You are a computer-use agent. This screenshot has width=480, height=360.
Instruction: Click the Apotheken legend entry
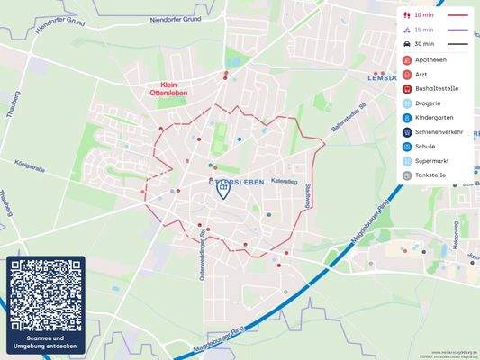click(x=430, y=59)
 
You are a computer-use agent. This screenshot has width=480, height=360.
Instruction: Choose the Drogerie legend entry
click(x=427, y=103)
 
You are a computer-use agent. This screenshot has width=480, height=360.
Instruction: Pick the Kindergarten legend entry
click(x=433, y=117)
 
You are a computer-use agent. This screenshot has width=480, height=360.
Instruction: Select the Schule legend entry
click(x=424, y=147)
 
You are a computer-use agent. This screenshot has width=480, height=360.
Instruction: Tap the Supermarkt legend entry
click(x=431, y=161)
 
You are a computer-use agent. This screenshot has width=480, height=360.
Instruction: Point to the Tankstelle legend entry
click(x=430, y=175)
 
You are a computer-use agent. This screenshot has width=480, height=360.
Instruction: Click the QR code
click(x=46, y=294)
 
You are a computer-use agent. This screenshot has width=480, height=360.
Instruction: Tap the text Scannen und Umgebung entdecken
click(x=46, y=343)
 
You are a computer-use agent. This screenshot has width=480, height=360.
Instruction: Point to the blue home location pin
click(x=223, y=190)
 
